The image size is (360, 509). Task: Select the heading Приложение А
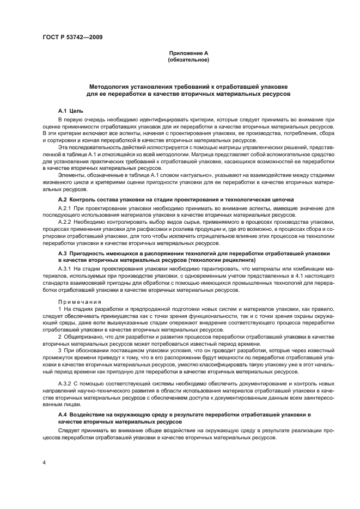(188, 53)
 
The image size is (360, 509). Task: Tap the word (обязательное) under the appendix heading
(188, 60)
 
